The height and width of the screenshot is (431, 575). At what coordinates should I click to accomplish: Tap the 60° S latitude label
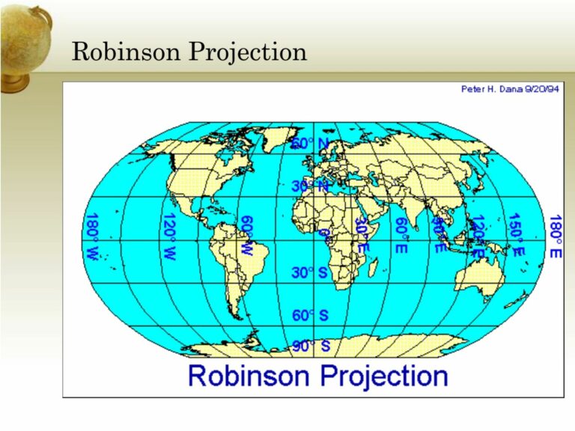310,315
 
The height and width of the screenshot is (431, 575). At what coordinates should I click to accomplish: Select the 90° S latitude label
310,346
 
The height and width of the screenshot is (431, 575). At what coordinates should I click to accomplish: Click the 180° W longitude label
92,236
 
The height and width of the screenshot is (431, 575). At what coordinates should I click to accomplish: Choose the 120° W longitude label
169,236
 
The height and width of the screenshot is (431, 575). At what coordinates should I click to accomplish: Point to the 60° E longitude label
401,235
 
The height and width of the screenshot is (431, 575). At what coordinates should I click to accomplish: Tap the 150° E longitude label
516,235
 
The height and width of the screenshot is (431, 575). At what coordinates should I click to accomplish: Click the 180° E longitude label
555,236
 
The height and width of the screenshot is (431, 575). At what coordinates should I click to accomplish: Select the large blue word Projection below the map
385,375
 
